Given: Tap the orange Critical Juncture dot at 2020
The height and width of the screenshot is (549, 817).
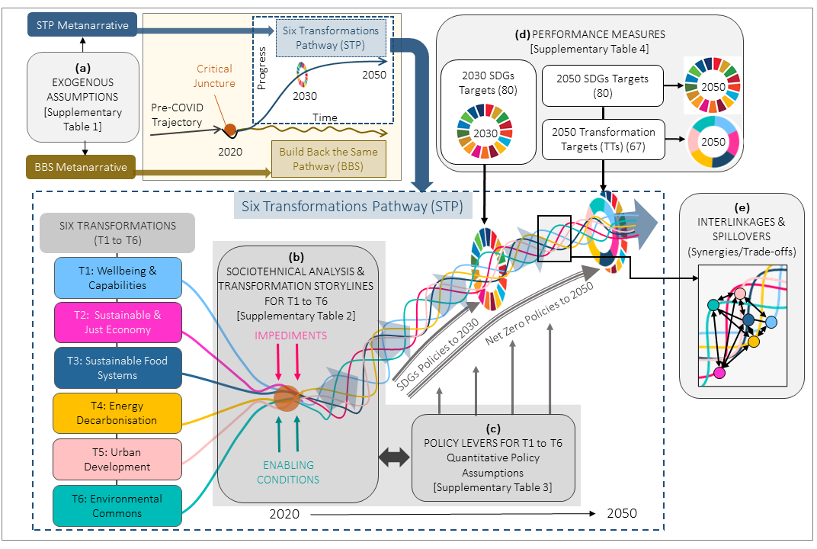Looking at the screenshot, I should point(229,131).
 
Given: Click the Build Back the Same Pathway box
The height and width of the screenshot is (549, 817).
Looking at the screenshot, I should point(330,159).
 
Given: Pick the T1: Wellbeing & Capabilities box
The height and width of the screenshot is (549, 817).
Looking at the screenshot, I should point(117,278).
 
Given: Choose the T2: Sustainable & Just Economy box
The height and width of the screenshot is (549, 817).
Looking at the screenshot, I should point(117,323).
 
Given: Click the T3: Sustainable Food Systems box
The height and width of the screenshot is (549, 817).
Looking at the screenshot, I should point(117,368).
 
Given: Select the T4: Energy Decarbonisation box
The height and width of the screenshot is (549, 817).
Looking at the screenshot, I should point(117,413).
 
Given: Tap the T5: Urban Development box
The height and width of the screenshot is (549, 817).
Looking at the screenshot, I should point(117,459).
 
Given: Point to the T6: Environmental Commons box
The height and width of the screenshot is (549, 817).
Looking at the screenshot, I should point(117,506).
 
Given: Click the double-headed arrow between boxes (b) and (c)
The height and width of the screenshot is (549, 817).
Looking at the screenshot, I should point(395,457).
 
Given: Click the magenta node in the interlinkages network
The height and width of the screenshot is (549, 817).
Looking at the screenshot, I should point(719,373).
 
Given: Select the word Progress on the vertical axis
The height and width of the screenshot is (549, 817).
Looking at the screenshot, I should point(261,68).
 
